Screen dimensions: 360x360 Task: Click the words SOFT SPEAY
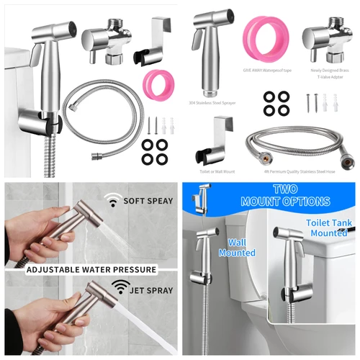(x=147, y=202)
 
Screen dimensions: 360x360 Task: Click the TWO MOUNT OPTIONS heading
(x=275, y=195)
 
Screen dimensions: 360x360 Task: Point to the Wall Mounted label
(x=242, y=248)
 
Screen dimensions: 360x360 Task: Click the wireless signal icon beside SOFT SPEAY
(x=112, y=202)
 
